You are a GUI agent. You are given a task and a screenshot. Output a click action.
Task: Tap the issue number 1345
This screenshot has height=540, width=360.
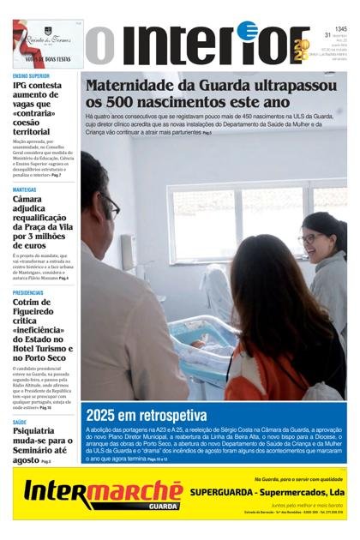[x=340, y=28]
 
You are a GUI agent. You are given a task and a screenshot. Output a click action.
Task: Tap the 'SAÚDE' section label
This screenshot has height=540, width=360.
[x=20, y=423]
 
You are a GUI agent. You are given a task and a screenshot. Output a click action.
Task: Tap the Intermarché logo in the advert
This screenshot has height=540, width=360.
[x=103, y=495]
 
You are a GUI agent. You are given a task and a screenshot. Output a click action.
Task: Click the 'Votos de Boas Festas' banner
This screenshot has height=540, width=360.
[x=47, y=43]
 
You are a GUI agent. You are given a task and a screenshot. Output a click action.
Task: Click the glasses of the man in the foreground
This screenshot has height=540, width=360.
[x=111, y=207]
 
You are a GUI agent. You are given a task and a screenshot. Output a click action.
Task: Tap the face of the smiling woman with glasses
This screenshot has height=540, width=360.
[x=311, y=239]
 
